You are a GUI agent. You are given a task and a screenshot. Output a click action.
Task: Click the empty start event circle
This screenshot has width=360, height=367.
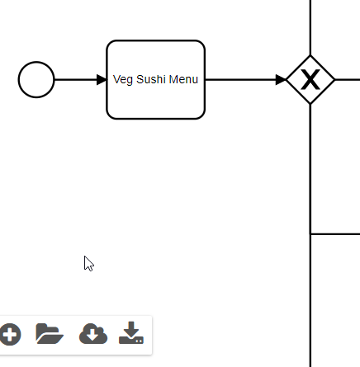(36, 79)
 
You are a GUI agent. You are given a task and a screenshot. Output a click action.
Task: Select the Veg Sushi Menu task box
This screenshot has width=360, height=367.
(156, 80)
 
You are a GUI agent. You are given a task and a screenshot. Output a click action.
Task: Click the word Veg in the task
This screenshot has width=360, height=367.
(123, 80)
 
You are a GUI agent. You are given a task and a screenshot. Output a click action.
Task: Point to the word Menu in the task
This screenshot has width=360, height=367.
(183, 79)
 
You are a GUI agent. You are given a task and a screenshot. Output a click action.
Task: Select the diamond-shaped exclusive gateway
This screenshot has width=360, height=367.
(310, 80)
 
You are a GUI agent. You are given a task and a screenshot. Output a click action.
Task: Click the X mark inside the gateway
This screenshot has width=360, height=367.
(310, 79)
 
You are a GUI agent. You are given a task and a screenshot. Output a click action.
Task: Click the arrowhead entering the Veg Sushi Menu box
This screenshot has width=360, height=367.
(102, 80)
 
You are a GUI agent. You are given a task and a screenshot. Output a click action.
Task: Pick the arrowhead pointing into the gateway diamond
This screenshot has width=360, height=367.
(281, 80)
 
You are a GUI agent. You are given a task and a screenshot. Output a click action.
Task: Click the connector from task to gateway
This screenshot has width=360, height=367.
(246, 80)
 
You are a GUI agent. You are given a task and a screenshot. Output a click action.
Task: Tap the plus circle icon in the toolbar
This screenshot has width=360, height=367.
(11, 335)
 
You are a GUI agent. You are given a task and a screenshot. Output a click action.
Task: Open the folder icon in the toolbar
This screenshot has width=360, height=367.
(50, 334)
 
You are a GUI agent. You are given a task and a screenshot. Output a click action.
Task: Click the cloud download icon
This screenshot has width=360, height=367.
(93, 334)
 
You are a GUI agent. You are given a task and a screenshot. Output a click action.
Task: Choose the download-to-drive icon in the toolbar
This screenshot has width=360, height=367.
(131, 332)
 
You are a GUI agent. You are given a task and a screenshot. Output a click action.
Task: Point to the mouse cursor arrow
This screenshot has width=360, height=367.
(88, 264)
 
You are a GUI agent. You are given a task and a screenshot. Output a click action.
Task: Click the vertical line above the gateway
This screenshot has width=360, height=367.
(310, 27)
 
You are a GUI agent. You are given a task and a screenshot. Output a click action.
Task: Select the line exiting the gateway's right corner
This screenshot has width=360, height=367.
(348, 80)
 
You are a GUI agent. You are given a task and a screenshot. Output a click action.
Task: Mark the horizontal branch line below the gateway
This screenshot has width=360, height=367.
(335, 234)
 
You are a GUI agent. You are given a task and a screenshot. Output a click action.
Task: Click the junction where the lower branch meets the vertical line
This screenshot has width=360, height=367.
(310, 234)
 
